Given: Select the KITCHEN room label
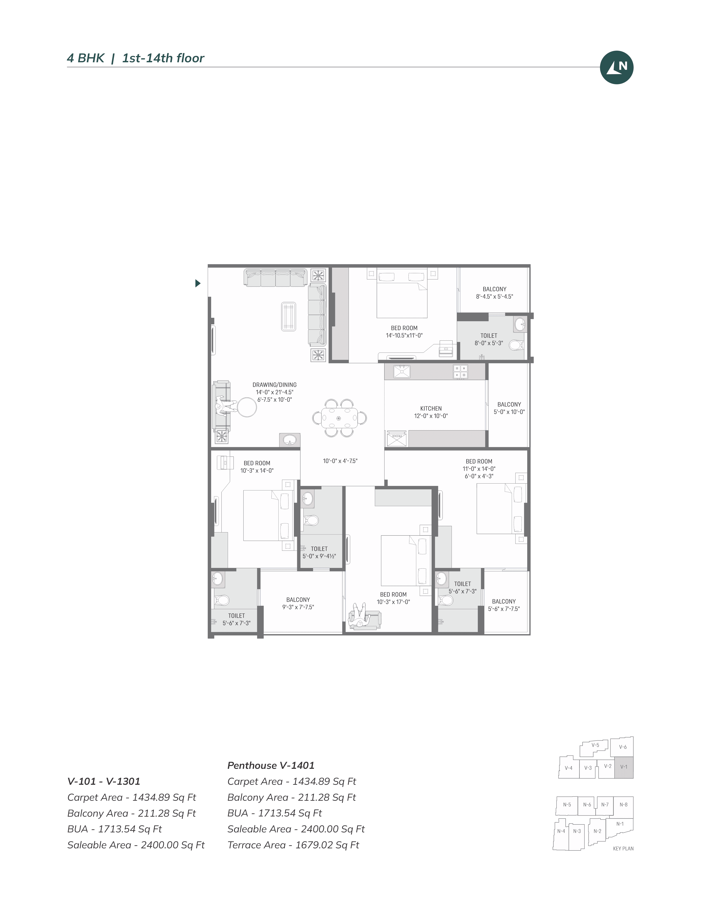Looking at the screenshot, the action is point(431,408).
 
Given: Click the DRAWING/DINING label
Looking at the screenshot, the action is point(274,385).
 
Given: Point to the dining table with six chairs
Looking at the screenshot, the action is point(339,418).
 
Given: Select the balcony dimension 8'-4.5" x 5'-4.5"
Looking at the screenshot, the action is point(494,297).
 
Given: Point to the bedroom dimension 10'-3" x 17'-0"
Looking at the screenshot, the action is point(393,602).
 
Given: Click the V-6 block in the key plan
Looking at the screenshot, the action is point(622,747).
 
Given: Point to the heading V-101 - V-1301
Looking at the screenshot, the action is point(104,781).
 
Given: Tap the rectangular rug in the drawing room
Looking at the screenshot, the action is point(288,316).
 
